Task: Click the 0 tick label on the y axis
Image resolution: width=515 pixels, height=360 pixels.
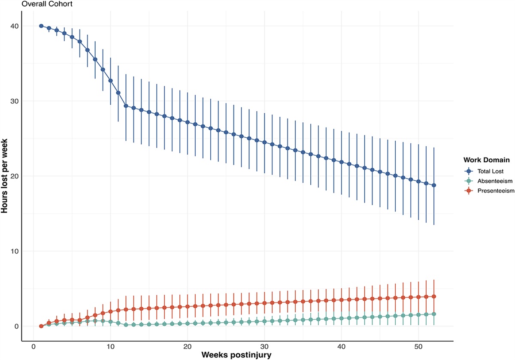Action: (16, 327)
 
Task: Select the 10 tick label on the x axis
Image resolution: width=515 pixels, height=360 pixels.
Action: (110, 346)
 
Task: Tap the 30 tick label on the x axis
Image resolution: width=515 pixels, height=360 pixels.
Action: (264, 346)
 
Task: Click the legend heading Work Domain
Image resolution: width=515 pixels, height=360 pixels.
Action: (487, 160)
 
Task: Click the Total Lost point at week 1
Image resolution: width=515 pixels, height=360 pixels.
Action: (41, 26)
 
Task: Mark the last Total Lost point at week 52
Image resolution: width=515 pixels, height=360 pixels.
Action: (434, 185)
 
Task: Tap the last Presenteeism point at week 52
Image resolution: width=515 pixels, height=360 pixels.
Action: (434, 296)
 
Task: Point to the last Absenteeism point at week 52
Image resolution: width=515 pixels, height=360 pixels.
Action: (434, 314)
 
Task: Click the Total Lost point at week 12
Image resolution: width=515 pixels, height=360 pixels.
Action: (126, 106)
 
